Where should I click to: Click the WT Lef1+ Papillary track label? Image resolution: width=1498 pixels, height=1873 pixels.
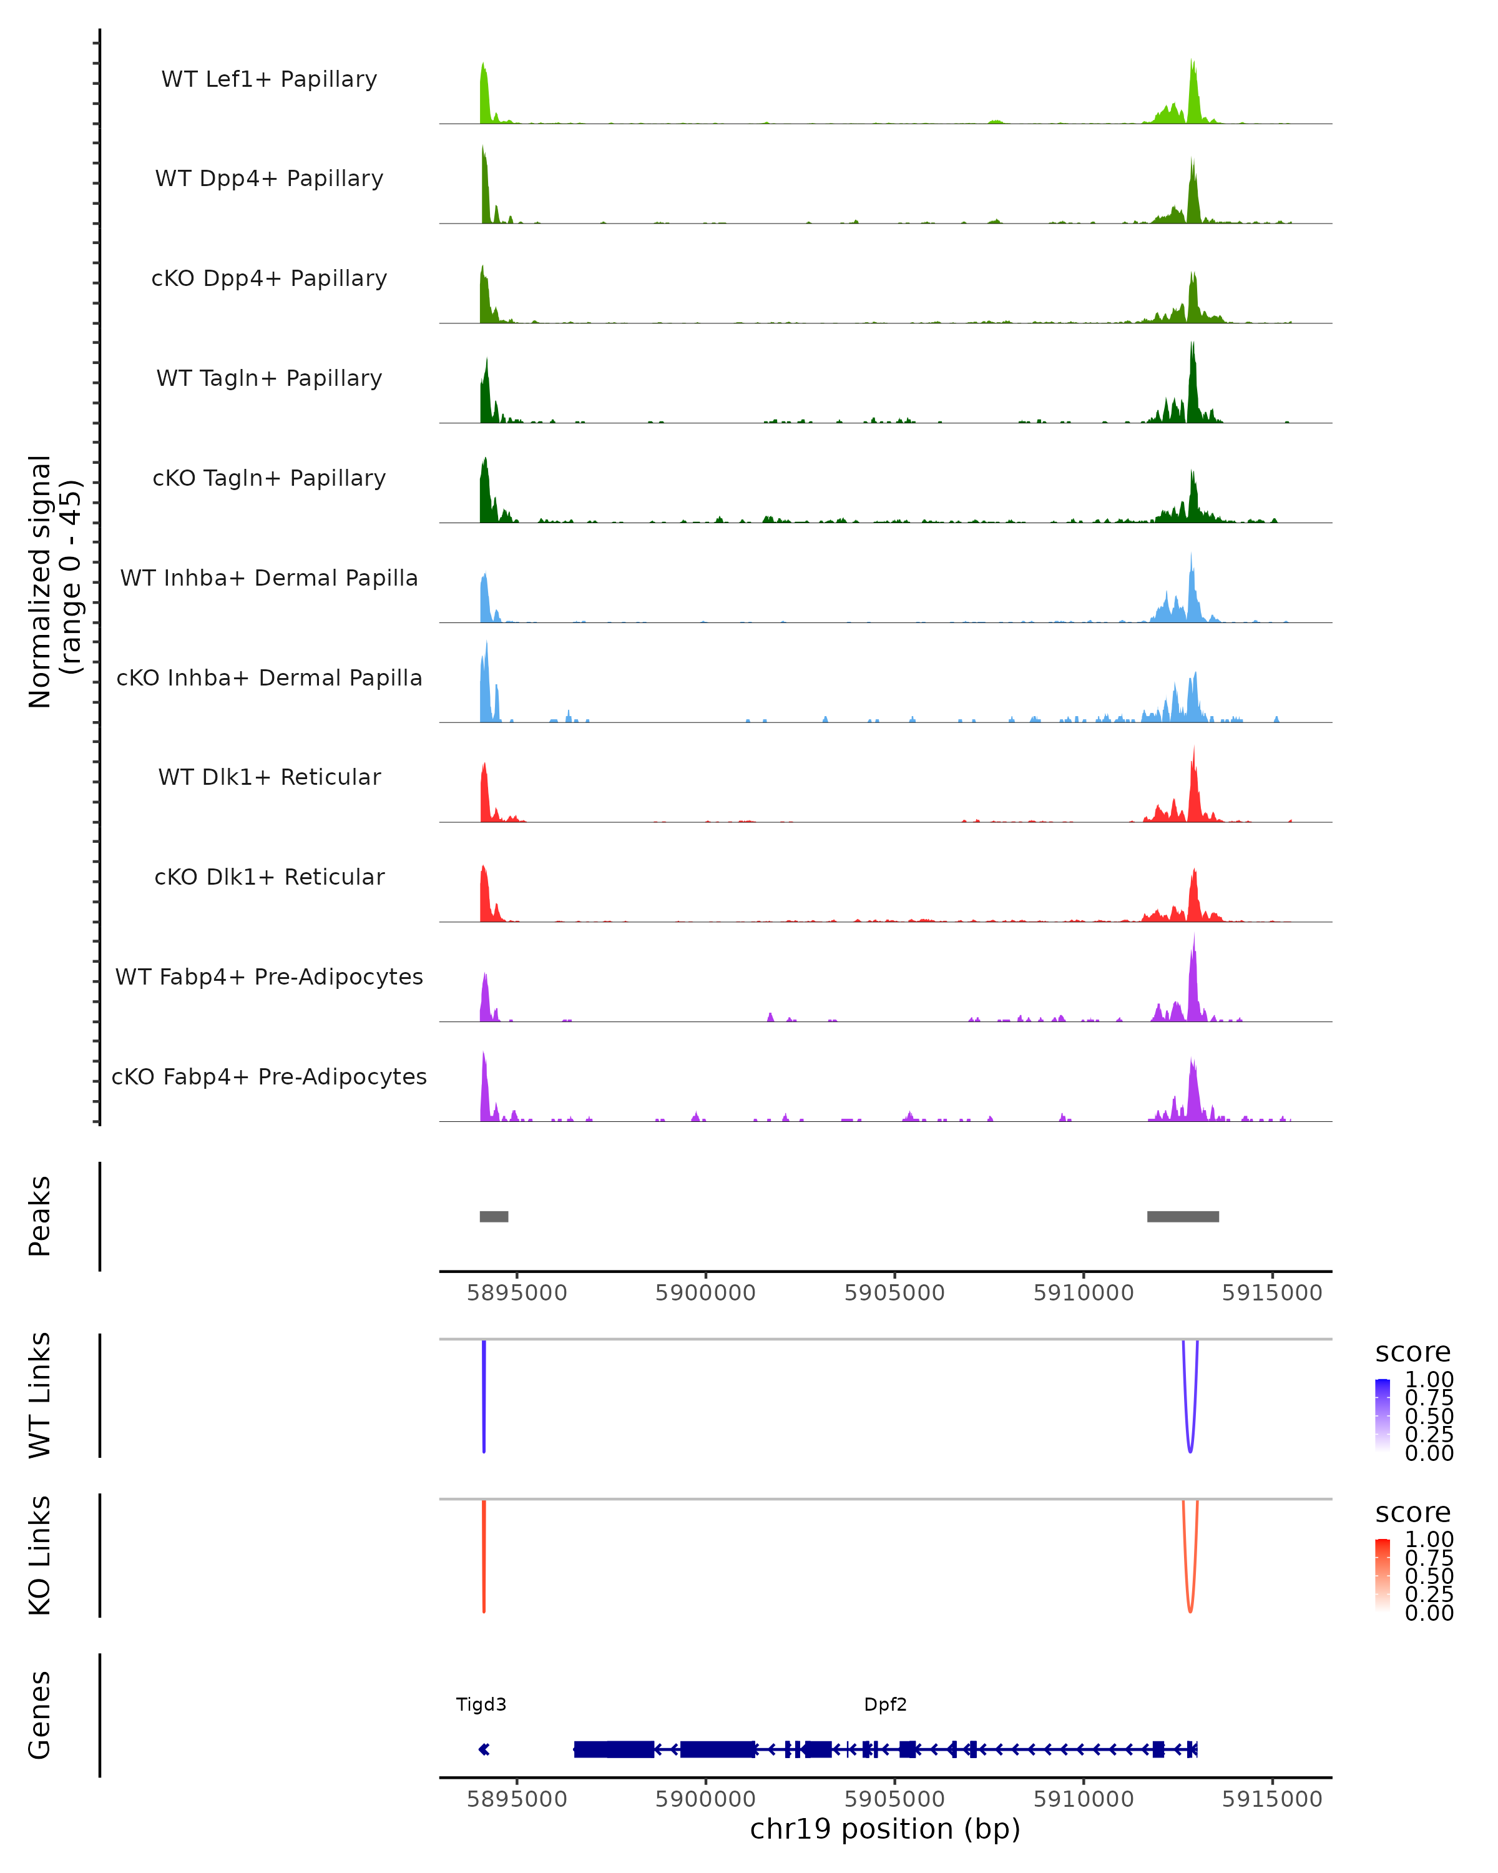[x=269, y=79]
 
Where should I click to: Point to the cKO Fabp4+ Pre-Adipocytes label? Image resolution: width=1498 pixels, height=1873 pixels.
[x=269, y=1076]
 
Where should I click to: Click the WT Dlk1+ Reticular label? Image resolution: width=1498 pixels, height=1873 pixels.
[x=269, y=777]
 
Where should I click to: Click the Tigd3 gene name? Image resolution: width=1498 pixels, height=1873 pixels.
[x=481, y=1704]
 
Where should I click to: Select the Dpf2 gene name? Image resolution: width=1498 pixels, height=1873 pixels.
[x=885, y=1704]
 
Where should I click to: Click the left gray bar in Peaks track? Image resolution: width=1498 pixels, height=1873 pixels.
[x=494, y=1216]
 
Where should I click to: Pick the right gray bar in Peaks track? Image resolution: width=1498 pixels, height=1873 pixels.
[x=1183, y=1216]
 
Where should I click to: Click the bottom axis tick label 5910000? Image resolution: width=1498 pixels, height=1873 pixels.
[x=1083, y=1799]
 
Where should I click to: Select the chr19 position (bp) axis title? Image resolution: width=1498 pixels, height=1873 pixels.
[x=885, y=1829]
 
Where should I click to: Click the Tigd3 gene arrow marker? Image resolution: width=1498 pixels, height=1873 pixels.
[x=484, y=1749]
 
